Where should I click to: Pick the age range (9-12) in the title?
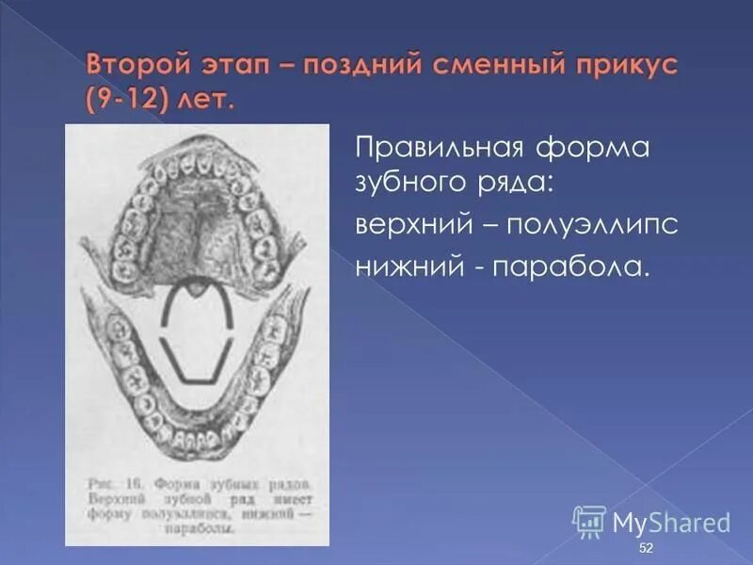(129, 101)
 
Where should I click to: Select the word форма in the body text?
(593, 151)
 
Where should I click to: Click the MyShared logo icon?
(588, 521)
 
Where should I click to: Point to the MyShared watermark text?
(671, 523)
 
